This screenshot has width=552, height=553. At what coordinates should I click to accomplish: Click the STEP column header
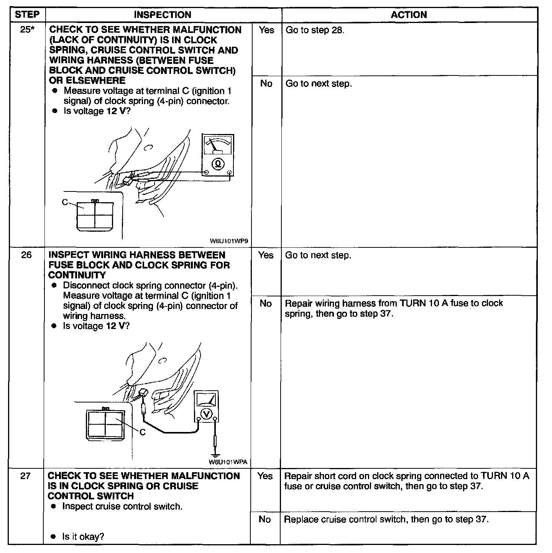[27, 15]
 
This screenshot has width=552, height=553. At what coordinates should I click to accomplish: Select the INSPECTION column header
[163, 15]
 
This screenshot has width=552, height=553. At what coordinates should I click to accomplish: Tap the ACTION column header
[409, 15]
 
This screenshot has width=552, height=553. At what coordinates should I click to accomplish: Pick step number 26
[26, 255]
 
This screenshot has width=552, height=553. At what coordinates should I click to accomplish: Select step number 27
[25, 476]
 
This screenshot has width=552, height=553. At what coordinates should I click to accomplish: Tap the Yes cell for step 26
[266, 255]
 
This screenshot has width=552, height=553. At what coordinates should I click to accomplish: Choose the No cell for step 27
[265, 520]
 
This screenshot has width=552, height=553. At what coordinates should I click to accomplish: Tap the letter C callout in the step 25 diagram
[65, 202]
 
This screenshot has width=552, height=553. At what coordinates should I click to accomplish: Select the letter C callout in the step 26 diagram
[143, 432]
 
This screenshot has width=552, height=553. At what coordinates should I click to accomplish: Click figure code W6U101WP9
[229, 241]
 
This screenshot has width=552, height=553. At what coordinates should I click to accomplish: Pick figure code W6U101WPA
[228, 462]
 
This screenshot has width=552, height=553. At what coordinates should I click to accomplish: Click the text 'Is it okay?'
[83, 537]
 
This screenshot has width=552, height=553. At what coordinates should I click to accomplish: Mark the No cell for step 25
[266, 83]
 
